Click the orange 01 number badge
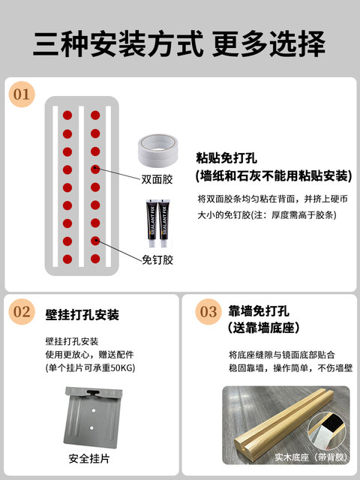tap(22, 94)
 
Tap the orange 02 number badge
tap(22, 312)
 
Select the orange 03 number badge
tap(208, 312)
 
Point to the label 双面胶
tap(157, 179)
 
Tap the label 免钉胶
tap(157, 260)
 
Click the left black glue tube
tap(151, 223)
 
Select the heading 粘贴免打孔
tap(226, 158)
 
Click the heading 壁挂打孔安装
tap(82, 315)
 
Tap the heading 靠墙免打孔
tap(259, 311)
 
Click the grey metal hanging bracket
tap(93, 417)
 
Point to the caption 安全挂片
tap(89, 458)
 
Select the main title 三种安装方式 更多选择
tap(179, 43)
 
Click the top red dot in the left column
tap(67, 115)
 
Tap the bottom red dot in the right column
tap(95, 259)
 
